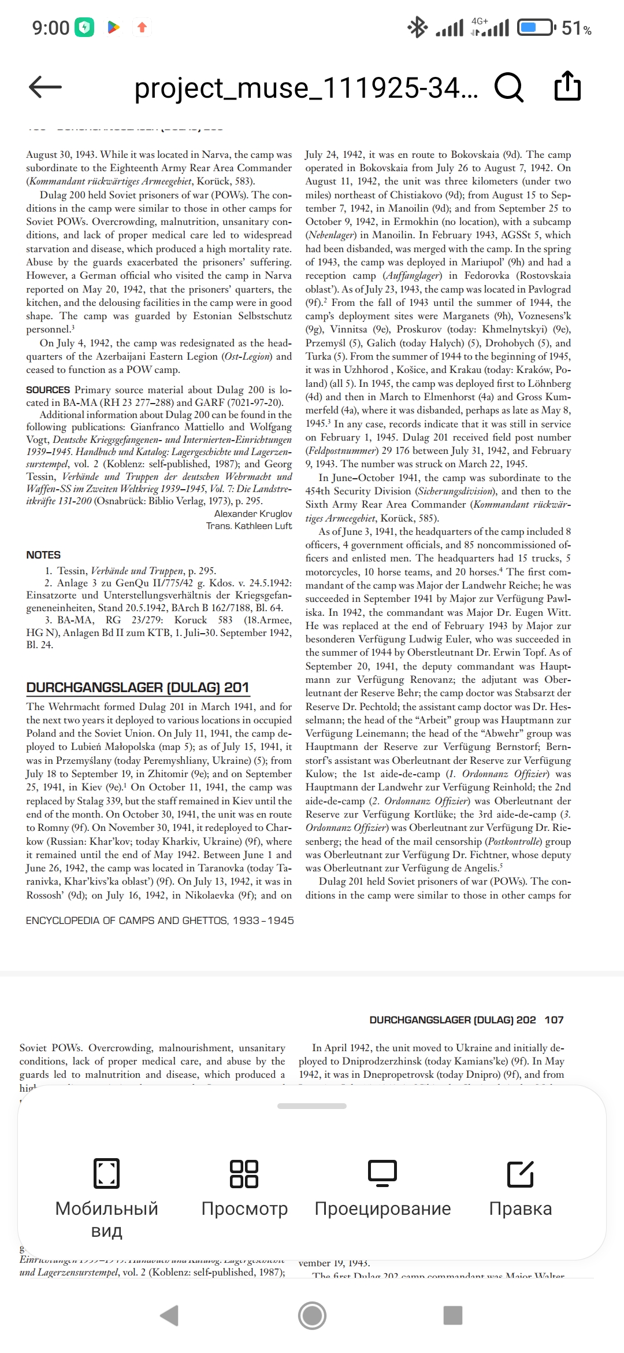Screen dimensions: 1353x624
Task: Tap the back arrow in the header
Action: coord(45,87)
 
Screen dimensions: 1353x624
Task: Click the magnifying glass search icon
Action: coord(509,87)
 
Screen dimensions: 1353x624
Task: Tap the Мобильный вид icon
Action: coord(107,1174)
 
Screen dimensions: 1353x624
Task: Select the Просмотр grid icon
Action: coord(244,1174)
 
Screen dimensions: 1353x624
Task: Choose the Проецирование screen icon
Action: coord(382,1174)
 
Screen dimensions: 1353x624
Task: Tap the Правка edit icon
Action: coord(521,1174)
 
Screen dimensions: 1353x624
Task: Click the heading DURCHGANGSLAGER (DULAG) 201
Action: coord(138,687)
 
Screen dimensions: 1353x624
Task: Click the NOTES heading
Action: coord(43,554)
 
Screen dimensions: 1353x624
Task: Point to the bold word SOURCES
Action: coord(48,390)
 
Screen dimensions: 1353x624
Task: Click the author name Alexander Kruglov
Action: coord(253,513)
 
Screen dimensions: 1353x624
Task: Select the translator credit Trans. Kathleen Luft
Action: coord(249,526)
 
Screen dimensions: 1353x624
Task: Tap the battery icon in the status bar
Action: coord(536,27)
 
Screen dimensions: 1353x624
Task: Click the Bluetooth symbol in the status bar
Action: coord(417,27)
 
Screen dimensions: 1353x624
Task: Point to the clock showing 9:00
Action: coord(51,27)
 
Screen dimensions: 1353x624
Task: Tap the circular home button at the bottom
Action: coord(312,1315)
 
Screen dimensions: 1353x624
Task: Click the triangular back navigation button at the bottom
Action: coord(169,1315)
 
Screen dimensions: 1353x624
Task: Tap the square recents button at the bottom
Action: coord(454,1315)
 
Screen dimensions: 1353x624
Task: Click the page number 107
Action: coord(554,1020)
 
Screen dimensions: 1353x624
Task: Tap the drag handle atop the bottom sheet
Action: coord(312,1106)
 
